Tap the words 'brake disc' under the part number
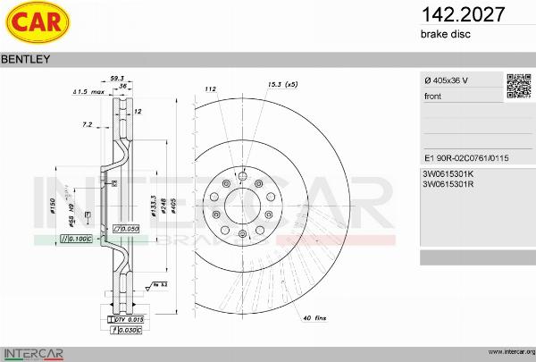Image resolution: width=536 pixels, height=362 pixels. point(445,34)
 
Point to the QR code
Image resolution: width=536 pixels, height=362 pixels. point(518,86)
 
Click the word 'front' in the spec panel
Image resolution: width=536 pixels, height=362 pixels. point(433,96)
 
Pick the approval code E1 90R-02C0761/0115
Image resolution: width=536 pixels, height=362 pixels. point(465,156)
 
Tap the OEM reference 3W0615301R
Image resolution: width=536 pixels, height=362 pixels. point(448,184)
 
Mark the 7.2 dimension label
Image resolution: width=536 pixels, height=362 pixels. point(88,124)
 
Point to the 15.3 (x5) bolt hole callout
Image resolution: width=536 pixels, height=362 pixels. point(282,84)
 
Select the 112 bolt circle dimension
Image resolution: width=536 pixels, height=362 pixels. point(212,89)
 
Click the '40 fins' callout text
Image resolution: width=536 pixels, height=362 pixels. point(314,318)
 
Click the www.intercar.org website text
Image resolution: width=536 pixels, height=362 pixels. point(507,351)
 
